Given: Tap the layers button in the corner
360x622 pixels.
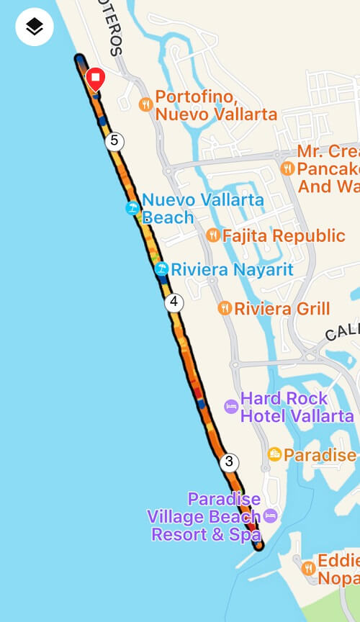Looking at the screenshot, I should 35,27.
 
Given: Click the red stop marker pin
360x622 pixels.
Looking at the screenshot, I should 95,78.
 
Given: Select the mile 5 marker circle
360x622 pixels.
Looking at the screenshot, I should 114,140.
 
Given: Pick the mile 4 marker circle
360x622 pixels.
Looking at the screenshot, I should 174,302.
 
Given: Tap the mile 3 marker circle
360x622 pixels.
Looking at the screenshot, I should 229,461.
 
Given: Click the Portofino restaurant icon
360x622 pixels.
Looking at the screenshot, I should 145,104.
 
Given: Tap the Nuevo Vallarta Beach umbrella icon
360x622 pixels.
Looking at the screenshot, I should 132,208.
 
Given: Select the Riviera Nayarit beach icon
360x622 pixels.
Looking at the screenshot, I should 162,269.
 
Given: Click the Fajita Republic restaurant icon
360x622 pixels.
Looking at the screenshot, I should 213,235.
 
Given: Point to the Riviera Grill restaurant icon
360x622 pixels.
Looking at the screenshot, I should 225,308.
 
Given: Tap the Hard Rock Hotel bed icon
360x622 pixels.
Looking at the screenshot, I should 230,407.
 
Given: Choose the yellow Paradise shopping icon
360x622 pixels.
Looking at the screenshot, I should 274,454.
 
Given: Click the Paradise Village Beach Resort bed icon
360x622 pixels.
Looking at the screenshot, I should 270,515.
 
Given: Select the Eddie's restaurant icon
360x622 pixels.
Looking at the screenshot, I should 308,567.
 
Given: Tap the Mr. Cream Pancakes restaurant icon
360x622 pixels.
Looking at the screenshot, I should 288,168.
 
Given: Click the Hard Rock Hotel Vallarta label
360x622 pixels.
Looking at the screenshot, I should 297,407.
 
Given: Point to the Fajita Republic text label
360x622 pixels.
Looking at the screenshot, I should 284,235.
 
